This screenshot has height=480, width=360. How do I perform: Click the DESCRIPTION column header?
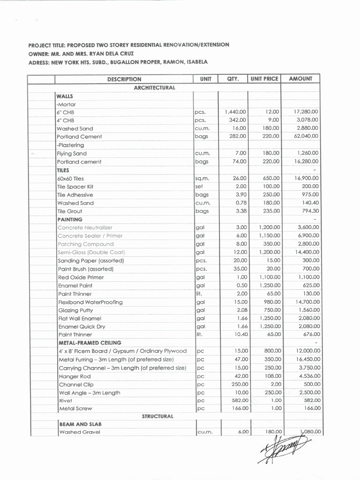click(x=124, y=79)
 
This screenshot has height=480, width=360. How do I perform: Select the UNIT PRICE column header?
click(x=264, y=79)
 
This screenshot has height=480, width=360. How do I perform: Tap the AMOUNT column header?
click(x=300, y=79)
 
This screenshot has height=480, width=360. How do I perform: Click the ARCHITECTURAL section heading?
click(x=154, y=88)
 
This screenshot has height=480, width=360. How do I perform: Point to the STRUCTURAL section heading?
click(x=157, y=416)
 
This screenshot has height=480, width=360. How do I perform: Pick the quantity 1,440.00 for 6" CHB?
click(x=235, y=112)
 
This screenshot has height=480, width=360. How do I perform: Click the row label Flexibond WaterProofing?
click(x=90, y=302)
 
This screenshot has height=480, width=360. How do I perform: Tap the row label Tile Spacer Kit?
click(x=75, y=187)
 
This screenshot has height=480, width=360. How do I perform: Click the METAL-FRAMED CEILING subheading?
click(x=90, y=343)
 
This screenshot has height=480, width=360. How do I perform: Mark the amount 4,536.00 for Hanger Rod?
click(x=309, y=376)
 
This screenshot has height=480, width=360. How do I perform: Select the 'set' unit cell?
click(x=200, y=187)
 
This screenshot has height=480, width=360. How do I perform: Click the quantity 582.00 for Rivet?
click(x=239, y=400)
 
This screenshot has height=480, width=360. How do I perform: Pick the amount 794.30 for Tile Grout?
click(x=310, y=211)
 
